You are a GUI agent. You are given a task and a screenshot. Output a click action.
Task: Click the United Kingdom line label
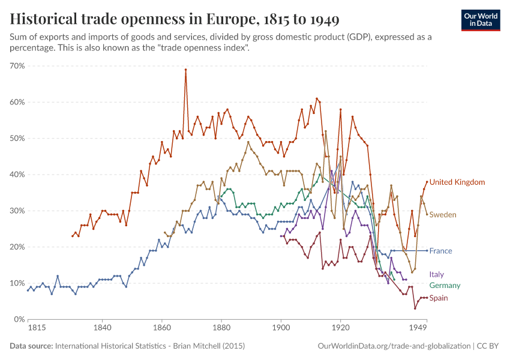pos(457,182)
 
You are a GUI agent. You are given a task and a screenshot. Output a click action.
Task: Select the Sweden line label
pos(443,214)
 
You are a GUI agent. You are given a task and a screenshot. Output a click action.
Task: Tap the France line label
pos(440,251)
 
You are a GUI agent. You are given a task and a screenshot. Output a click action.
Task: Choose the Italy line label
pos(437,274)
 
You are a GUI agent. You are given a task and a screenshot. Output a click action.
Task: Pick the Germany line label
pos(445,286)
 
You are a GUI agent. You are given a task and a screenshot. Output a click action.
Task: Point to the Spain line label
pos(439,298)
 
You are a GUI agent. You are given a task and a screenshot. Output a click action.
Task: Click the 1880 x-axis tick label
pos(221,329)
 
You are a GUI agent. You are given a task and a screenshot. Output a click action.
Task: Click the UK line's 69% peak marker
pos(185,70)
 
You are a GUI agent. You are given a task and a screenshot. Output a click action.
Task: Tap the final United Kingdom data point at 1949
pos(427,182)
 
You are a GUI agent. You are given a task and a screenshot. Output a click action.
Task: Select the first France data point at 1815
pos(28,290)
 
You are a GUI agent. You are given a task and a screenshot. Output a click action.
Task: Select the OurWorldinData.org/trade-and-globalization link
pos(392,346)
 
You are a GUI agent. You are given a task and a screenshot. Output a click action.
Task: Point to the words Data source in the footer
pos(31,346)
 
